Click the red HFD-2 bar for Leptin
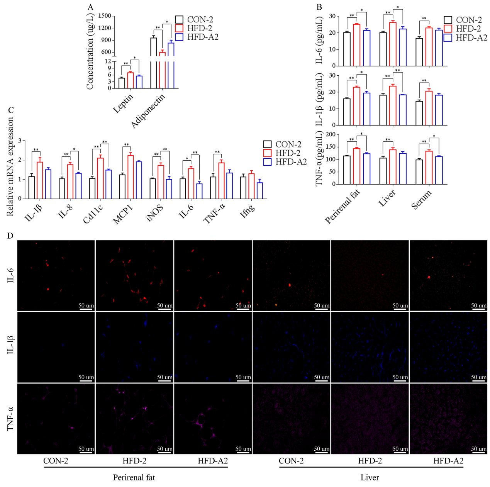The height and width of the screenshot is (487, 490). pyautogui.click(x=131, y=80)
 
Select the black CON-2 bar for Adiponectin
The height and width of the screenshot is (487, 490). pyautogui.click(x=153, y=62)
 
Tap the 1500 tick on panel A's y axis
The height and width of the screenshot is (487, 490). pyautogui.click(x=105, y=16)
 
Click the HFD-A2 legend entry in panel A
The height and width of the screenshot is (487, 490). pyautogui.click(x=197, y=37)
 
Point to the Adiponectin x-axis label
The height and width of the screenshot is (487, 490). pyautogui.click(x=148, y=110)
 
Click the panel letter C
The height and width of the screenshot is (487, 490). pyautogui.click(x=11, y=110)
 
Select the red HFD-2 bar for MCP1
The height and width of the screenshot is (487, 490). pyautogui.click(x=131, y=177)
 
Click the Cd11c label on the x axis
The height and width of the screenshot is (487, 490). pyautogui.click(x=93, y=214)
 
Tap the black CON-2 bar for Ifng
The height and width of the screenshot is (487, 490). pyautogui.click(x=243, y=188)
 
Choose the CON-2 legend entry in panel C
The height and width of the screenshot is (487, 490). pyautogui.click(x=282, y=144)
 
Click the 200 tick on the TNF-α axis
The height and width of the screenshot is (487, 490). pyautogui.click(x=331, y=134)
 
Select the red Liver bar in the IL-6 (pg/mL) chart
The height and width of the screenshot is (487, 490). pyautogui.click(x=393, y=44)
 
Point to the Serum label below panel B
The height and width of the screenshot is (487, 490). pyautogui.click(x=421, y=200)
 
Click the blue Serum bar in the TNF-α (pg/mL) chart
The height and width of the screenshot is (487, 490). pyautogui.click(x=439, y=170)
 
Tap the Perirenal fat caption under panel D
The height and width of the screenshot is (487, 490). pyautogui.click(x=134, y=478)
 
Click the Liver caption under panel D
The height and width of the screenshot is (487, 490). pyautogui.click(x=370, y=478)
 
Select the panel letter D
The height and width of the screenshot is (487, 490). pyautogui.click(x=10, y=236)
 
